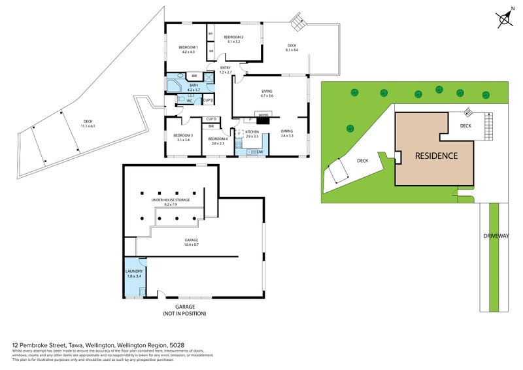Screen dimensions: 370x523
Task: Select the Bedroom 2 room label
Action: (x=233, y=39)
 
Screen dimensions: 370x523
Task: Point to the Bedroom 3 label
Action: (x=182, y=137)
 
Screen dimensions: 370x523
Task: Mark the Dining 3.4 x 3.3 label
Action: (x=287, y=133)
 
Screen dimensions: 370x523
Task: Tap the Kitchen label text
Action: (x=252, y=133)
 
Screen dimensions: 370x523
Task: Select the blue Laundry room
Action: (x=135, y=275)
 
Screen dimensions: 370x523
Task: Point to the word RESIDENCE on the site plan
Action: (x=436, y=156)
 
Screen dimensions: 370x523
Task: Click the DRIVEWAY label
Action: (x=497, y=235)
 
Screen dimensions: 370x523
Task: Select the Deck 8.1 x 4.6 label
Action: (x=292, y=48)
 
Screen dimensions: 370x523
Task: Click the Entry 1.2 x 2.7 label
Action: (x=225, y=70)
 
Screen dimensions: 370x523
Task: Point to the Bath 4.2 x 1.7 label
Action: (x=194, y=87)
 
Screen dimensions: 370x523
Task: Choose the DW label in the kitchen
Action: (x=260, y=152)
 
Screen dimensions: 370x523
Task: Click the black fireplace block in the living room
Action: (x=263, y=120)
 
